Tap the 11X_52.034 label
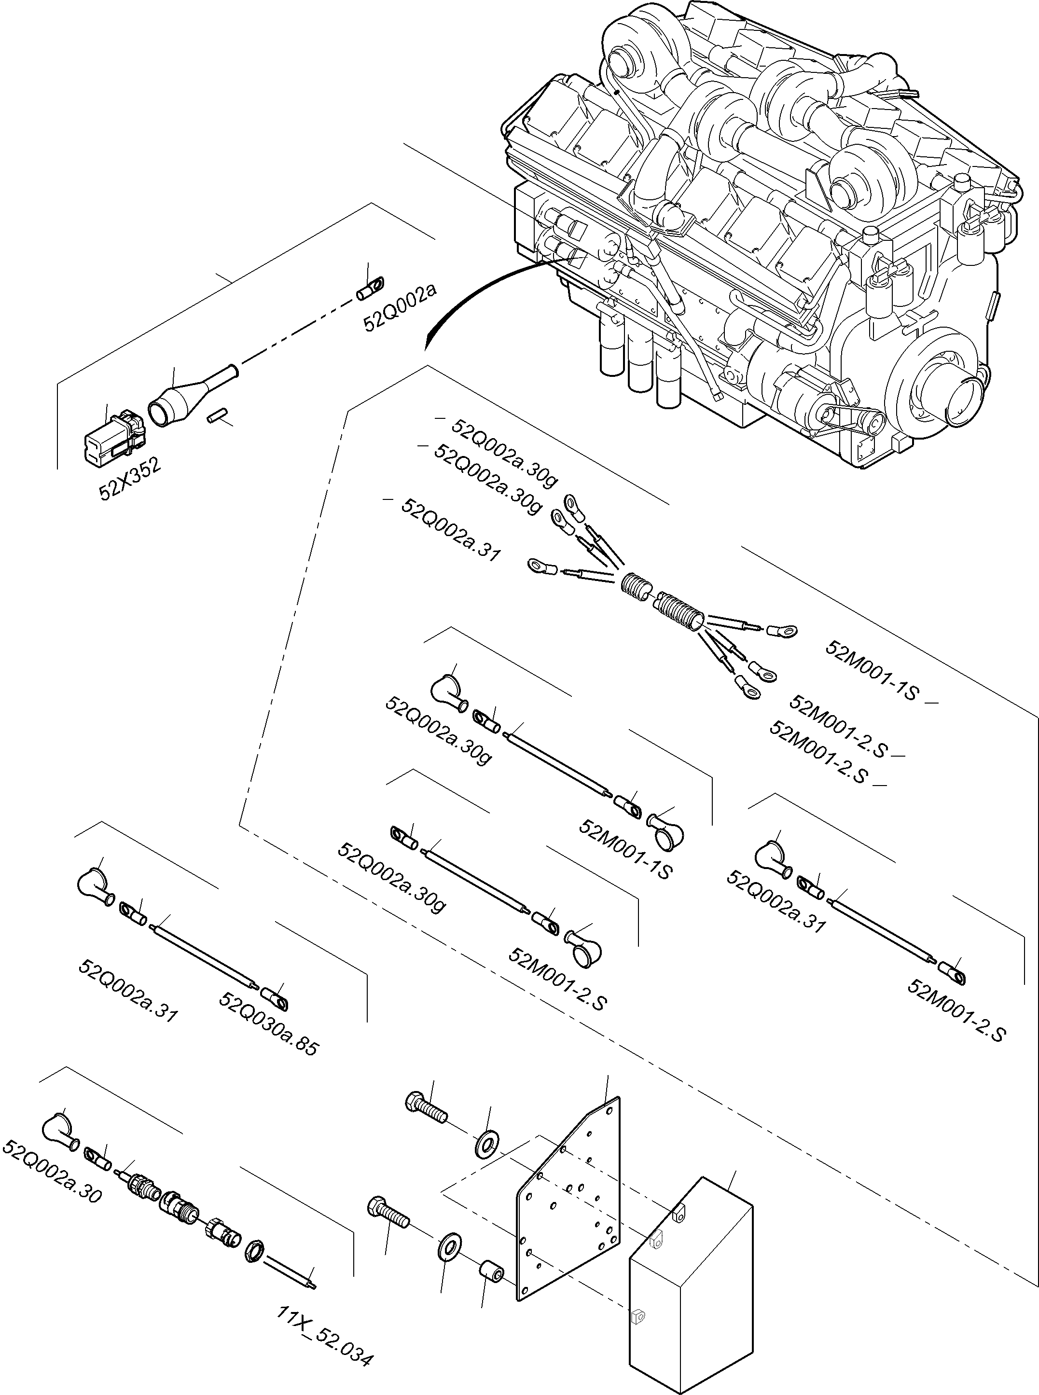pyautogui.click(x=325, y=1318)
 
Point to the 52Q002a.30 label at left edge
pyautogui.click(x=52, y=1171)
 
